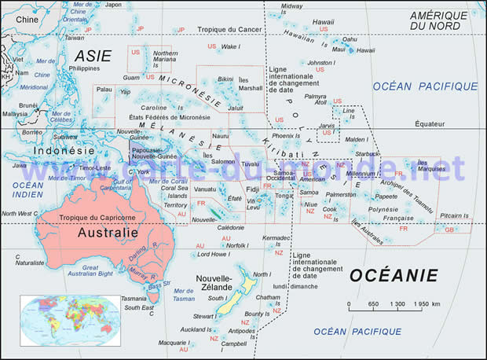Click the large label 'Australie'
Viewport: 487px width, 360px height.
108,233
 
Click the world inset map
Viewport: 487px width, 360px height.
70,320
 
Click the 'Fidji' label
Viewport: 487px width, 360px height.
251,189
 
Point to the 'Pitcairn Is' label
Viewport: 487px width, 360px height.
454,215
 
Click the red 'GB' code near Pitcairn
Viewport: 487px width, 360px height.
449,230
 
